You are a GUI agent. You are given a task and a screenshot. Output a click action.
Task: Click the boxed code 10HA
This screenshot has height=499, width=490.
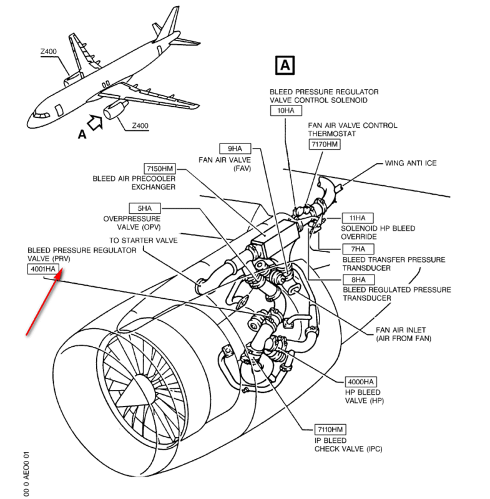pos(285,110)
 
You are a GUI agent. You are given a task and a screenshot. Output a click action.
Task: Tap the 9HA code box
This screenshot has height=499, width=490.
pos(234,148)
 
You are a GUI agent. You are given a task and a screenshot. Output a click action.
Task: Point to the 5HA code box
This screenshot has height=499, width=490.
pos(144,208)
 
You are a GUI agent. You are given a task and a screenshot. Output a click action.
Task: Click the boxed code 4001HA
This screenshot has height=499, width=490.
pos(44,269)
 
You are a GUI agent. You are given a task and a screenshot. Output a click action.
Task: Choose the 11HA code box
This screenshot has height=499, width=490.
pos(358,218)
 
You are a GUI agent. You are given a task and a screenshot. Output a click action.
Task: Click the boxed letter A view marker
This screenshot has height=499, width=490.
pos(285,65)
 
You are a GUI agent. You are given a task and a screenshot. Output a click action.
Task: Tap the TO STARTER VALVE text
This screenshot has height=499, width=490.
pos(144,240)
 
